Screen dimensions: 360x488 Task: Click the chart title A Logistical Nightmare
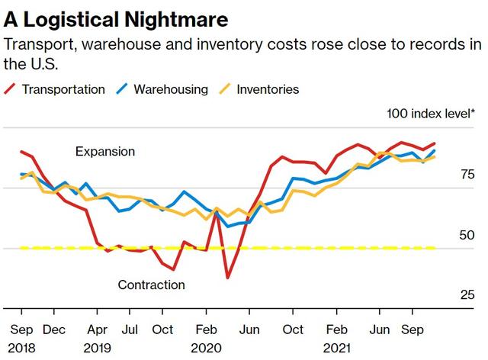[115, 16]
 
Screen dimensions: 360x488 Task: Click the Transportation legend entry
[63, 89]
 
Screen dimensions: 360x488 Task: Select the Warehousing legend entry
[171, 89]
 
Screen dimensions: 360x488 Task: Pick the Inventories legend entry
[268, 89]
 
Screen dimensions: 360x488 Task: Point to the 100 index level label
[431, 114]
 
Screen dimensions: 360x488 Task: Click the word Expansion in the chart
[105, 152]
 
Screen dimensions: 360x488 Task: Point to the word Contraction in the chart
[151, 284]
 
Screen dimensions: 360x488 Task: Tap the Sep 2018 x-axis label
[21, 339]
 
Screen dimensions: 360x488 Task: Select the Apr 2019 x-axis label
[98, 339]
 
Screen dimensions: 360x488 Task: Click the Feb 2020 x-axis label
[205, 339]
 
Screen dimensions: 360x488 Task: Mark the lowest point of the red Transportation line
[227, 278]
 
